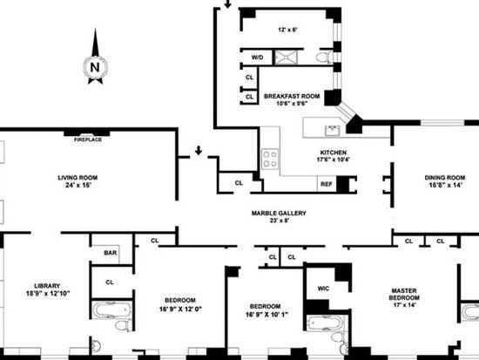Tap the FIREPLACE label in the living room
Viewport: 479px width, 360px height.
point(88,139)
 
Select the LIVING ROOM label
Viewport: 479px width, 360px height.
point(78,178)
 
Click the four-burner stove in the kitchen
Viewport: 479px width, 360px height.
point(270,159)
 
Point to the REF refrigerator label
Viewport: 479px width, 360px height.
point(327,185)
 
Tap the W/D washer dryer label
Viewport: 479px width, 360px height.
point(257,58)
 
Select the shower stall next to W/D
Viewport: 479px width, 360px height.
point(286,58)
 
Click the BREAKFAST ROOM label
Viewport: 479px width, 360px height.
point(292,96)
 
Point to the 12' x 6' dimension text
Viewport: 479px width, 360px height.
point(287,30)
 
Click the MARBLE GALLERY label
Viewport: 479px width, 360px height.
point(279,214)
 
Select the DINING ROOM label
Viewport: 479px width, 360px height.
point(445,178)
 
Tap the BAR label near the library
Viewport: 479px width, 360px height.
point(111,253)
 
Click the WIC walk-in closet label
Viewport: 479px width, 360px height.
point(323,289)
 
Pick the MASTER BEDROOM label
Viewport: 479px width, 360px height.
point(404,294)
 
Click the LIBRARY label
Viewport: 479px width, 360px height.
point(47,286)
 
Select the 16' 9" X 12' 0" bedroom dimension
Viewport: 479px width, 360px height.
point(180,309)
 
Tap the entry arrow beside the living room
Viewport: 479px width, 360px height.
point(199,151)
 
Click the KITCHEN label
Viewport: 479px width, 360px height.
point(334,153)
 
